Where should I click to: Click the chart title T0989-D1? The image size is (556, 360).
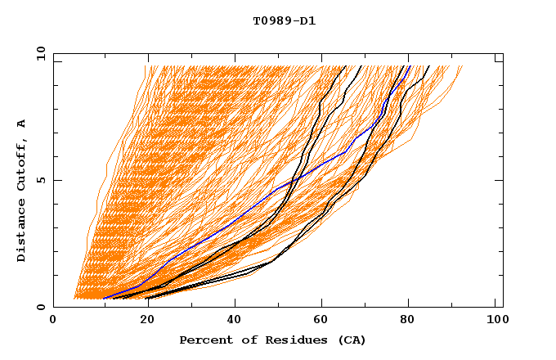tap(284, 20)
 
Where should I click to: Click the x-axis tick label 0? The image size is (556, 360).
tap(53, 321)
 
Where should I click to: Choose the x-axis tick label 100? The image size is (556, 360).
tap(495, 321)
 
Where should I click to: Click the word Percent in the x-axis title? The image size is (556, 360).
tap(203, 340)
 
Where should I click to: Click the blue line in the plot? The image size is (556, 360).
tap(245, 214)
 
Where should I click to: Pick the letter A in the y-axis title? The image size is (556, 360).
tap(22, 123)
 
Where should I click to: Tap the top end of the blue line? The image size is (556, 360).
tap(410, 66)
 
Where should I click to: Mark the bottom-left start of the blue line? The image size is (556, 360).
tap(105, 298)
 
